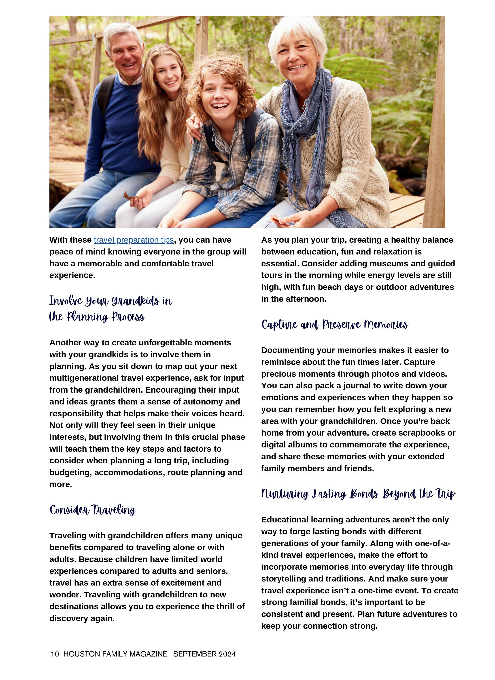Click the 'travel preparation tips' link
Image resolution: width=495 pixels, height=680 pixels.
[x=134, y=240]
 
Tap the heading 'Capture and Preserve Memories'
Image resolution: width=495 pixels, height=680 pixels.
[x=334, y=325]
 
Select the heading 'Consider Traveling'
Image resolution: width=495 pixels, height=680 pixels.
[x=93, y=510]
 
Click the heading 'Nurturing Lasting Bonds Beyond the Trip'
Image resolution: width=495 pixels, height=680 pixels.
[x=358, y=494]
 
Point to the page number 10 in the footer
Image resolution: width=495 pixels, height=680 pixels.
[x=55, y=654]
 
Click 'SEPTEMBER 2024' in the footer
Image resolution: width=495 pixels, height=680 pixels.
[x=204, y=654]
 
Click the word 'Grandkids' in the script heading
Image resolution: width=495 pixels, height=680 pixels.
[x=135, y=301]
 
